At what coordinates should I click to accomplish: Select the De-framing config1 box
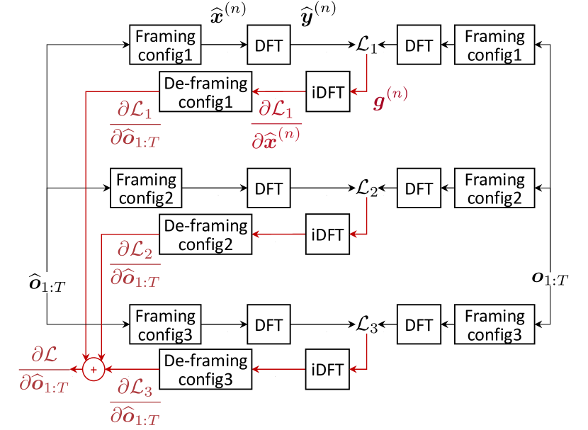tap(205, 92)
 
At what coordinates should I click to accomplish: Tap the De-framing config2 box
tap(205, 235)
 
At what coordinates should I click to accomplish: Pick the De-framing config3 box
tap(205, 369)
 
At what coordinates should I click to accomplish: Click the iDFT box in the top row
tap(328, 92)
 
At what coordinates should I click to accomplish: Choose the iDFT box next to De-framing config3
tap(328, 369)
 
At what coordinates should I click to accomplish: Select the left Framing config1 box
tap(165, 45)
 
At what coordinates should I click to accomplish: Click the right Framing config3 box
tap(494, 325)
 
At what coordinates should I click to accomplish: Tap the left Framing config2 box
tap(146, 188)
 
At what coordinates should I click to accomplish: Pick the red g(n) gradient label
tap(390, 99)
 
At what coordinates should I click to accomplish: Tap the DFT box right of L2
tap(419, 189)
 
